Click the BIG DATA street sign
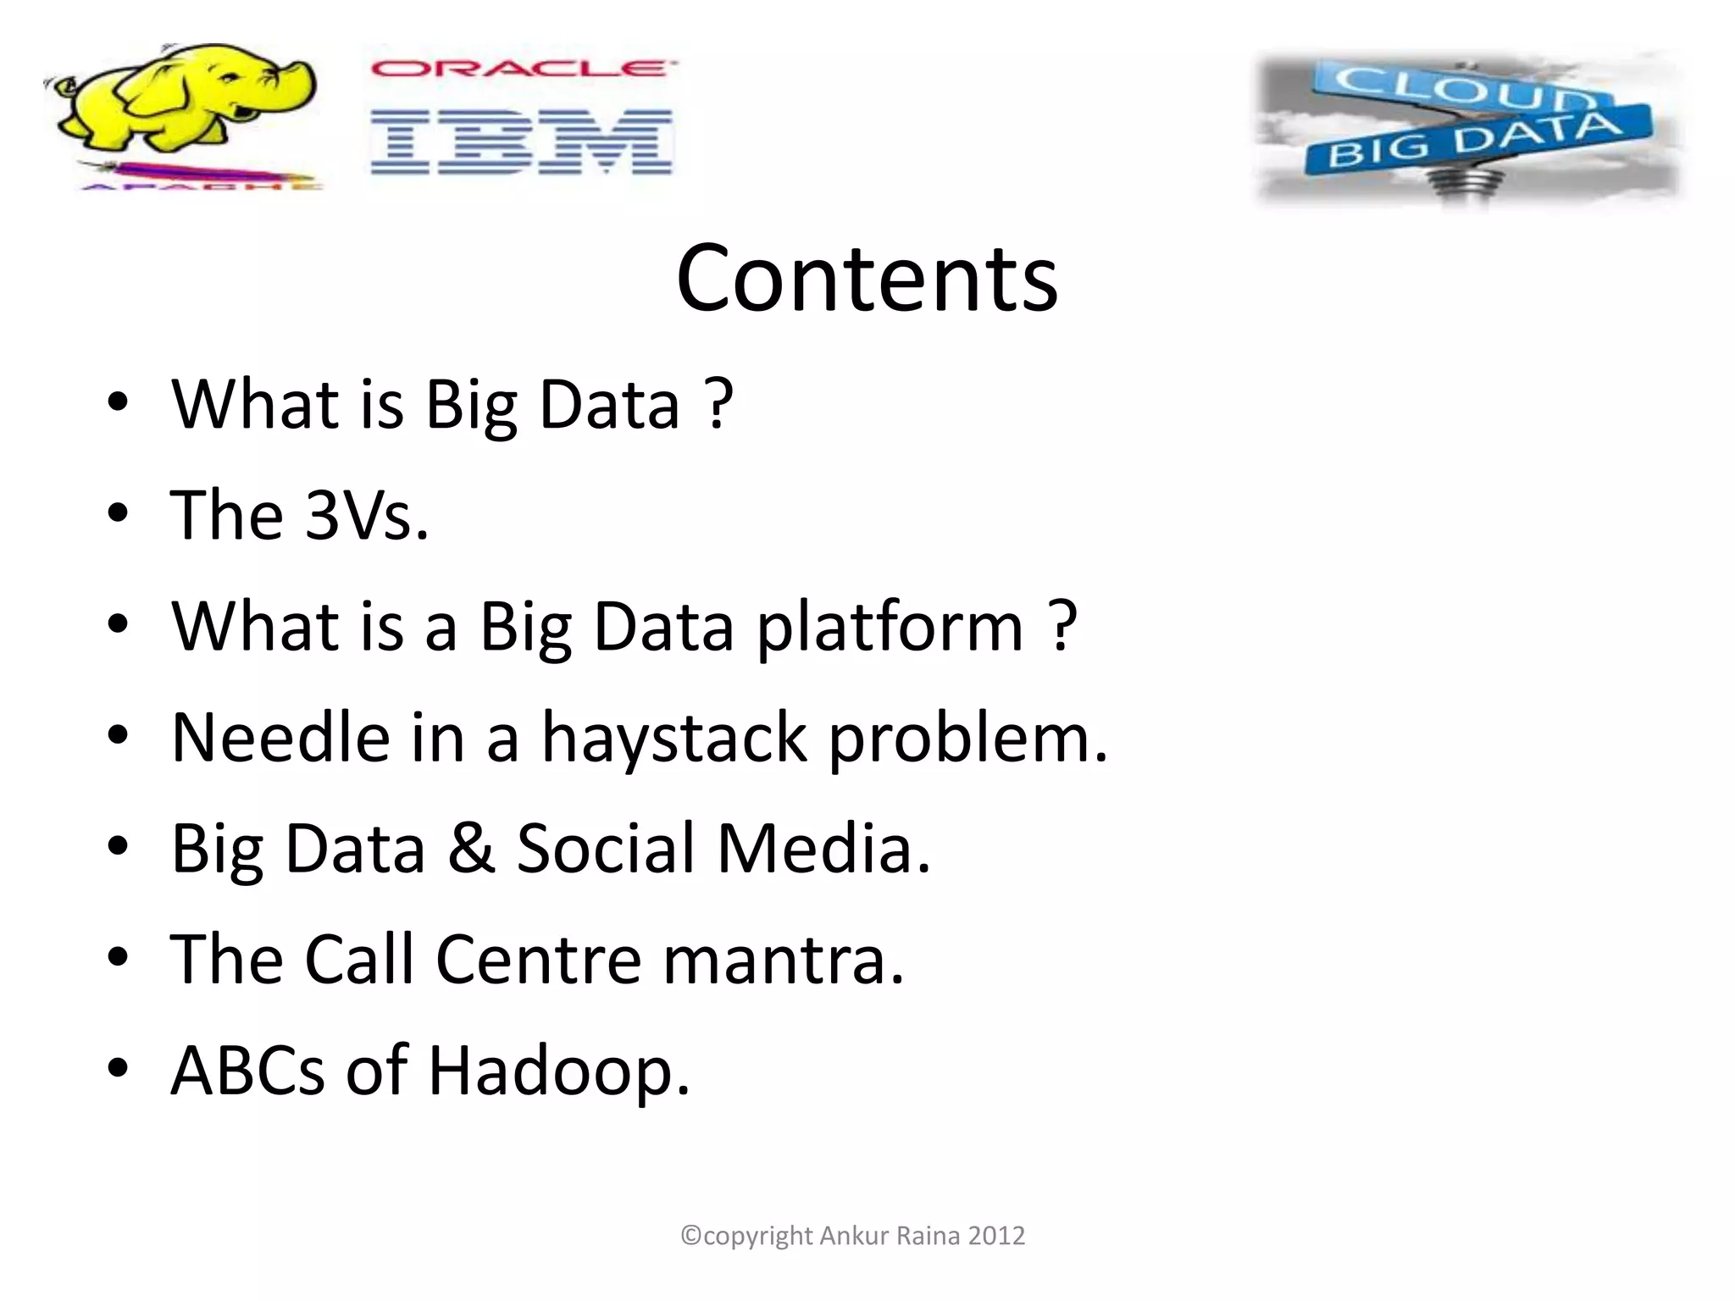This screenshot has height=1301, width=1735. click(x=1474, y=140)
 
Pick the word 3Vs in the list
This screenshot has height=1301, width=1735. click(x=366, y=515)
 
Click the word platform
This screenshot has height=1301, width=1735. click(x=890, y=627)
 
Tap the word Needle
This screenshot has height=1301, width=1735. click(x=280, y=738)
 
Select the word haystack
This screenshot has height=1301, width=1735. click(x=674, y=738)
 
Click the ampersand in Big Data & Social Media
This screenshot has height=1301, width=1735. click(x=471, y=849)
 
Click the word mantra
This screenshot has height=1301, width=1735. click(x=784, y=960)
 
